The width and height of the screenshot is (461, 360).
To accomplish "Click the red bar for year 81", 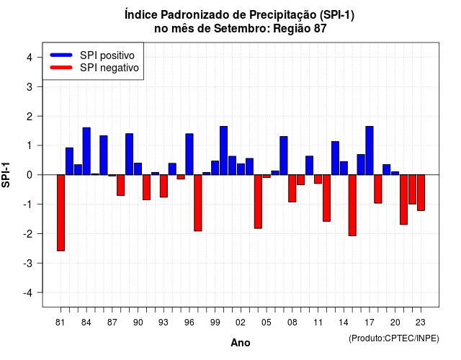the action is coord(61,213).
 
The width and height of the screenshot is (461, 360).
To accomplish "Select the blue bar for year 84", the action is coord(86,151).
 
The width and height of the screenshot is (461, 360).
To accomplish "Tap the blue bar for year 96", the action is coord(189,154).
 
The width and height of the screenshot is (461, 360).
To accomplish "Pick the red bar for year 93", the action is coord(164,186).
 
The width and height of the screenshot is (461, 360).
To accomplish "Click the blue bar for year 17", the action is coord(370,150).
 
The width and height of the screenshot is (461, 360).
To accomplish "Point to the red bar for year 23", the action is coord(421,193).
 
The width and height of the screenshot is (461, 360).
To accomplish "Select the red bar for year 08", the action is coord(292,189).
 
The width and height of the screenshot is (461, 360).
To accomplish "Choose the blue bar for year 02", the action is coord(241,169).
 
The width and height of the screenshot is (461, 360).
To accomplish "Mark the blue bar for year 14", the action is coord(344,168).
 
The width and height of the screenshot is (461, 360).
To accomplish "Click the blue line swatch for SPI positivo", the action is coord(61,55).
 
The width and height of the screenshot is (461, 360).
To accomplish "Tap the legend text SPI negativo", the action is coord(109,68).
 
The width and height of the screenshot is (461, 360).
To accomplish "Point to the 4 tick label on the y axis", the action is coord(30,58).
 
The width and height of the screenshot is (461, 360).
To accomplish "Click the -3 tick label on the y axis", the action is coord(27,264).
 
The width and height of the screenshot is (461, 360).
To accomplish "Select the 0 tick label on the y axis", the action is coord(30,175).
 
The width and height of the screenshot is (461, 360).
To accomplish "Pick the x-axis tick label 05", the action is coord(267,323).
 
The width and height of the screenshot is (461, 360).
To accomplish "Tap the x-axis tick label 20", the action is coord(395,323).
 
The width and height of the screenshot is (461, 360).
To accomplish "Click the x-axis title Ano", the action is coord(241,343).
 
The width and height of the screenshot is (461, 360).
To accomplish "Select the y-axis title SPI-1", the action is coord(6,175).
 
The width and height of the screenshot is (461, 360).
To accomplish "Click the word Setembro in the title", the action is coord(241,29).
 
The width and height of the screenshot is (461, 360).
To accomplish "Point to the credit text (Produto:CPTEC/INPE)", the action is coord(394,338).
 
